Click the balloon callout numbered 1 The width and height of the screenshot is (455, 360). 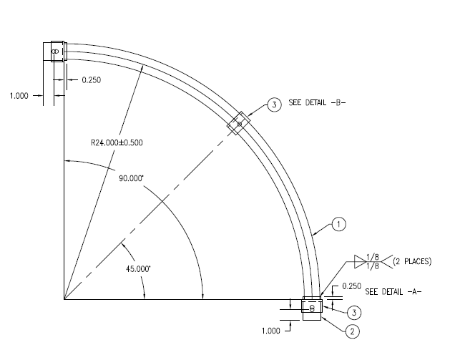[339, 225]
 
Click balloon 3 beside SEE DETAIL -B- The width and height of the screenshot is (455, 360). [273, 105]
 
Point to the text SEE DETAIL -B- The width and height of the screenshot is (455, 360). [317, 103]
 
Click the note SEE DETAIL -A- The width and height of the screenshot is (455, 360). [393, 292]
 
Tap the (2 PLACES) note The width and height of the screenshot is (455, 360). [411, 261]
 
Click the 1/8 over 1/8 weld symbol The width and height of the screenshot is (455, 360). [371, 261]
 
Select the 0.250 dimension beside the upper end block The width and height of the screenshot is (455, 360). [91, 80]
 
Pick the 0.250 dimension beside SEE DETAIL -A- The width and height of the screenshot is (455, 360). [351, 286]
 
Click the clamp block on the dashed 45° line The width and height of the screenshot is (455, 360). [238, 123]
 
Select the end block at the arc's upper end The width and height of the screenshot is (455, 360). [57, 52]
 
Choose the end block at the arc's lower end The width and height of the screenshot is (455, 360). [312, 308]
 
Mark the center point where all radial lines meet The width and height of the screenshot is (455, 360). [64, 299]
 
